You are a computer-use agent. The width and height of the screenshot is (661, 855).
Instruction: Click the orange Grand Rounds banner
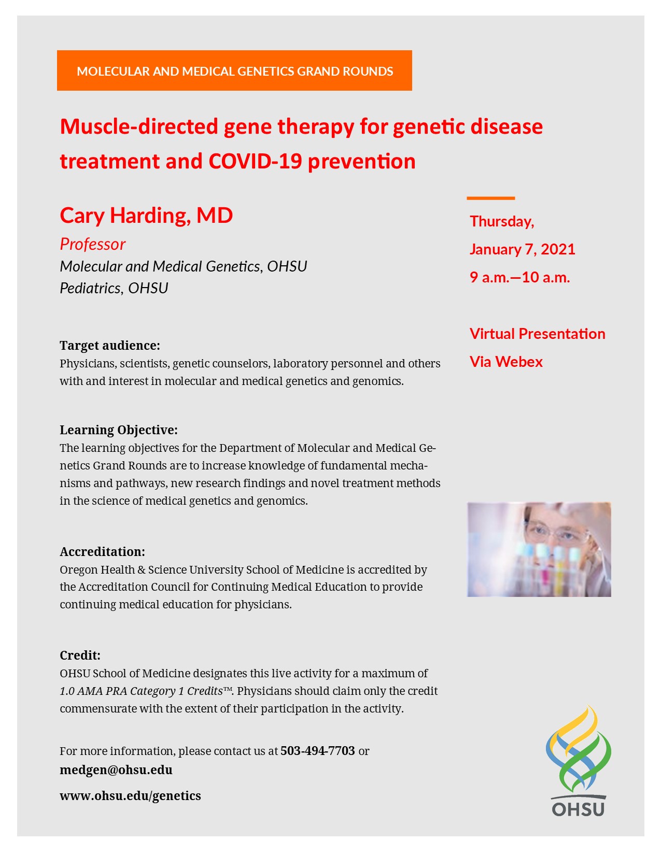(x=234, y=70)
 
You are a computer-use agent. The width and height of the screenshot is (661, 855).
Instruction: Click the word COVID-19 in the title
(x=255, y=161)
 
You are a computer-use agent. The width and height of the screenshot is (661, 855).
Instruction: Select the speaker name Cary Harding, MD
(x=146, y=215)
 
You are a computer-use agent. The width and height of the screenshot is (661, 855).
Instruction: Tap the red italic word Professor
(x=92, y=244)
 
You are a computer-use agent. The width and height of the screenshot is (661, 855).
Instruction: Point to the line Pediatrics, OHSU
(x=114, y=288)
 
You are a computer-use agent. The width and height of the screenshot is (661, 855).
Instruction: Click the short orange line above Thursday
(x=490, y=198)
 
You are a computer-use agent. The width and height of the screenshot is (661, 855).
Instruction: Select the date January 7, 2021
(x=522, y=249)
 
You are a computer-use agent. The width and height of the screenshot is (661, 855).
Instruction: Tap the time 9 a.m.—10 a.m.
(x=519, y=277)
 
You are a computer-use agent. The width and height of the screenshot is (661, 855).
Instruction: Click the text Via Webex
(x=506, y=362)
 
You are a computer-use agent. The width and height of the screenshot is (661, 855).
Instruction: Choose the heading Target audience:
(x=110, y=346)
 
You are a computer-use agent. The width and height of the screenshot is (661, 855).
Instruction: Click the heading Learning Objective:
(x=119, y=430)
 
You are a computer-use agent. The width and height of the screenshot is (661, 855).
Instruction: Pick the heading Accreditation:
(x=102, y=551)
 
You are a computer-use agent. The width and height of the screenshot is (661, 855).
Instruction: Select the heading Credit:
(x=80, y=655)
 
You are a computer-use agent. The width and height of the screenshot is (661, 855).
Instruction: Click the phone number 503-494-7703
(x=317, y=751)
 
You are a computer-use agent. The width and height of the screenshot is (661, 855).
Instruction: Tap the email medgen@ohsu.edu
(x=116, y=770)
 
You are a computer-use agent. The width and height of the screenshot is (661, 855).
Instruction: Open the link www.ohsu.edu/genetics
(x=130, y=796)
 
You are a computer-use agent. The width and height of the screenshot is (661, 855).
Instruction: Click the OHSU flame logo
(x=578, y=749)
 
